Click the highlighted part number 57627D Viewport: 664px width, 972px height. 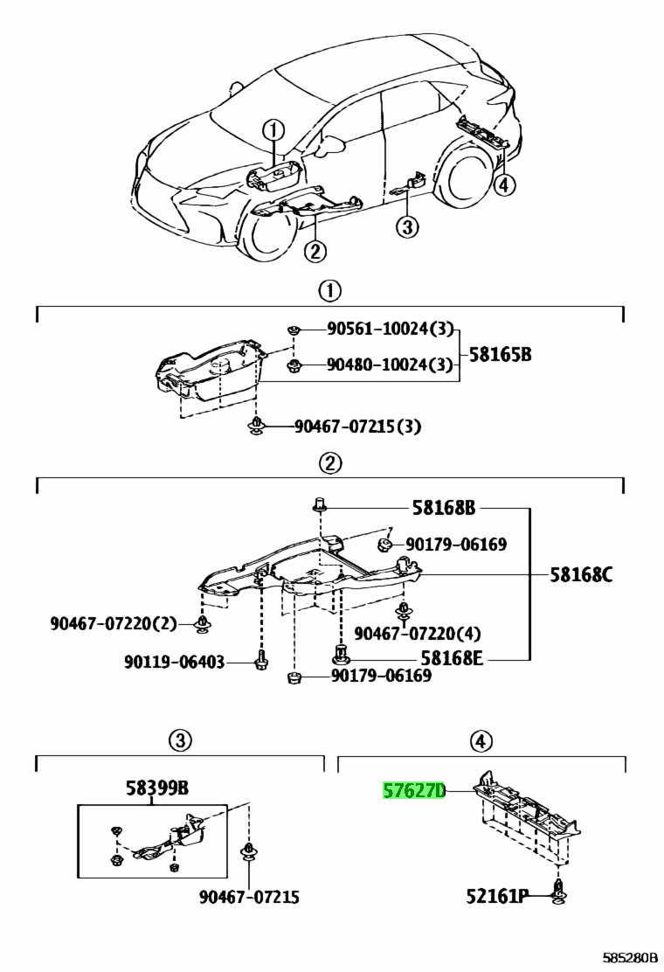(x=414, y=792)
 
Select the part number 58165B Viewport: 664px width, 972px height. (x=501, y=356)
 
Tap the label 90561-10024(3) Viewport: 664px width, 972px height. (x=390, y=329)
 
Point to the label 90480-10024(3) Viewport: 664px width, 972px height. (x=390, y=364)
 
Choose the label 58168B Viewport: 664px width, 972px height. (x=443, y=507)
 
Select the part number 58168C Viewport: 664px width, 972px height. (x=581, y=574)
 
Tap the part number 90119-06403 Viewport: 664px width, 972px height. (x=174, y=663)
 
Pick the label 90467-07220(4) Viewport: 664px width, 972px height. (x=417, y=632)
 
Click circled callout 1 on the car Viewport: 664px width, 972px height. (x=273, y=131)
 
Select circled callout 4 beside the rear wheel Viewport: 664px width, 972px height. (x=504, y=184)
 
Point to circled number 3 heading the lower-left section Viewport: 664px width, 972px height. (x=179, y=741)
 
